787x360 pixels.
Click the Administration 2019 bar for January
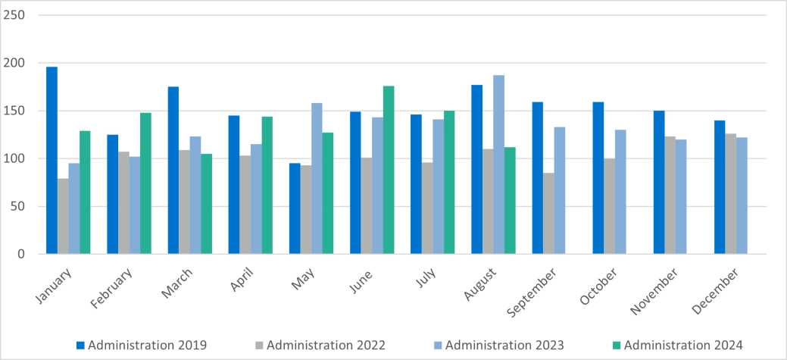(52, 161)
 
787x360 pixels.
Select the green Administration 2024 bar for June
(389, 170)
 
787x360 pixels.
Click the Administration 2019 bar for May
(295, 208)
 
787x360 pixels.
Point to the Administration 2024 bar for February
(145, 183)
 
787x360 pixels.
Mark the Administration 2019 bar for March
(173, 171)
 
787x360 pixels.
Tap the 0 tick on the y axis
(21, 254)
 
